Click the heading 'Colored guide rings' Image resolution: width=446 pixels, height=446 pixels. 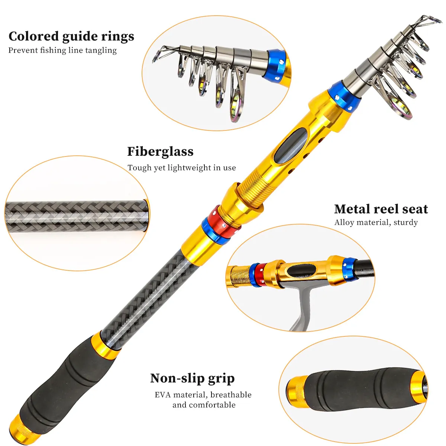(71, 36)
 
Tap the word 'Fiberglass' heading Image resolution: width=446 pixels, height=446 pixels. (160, 152)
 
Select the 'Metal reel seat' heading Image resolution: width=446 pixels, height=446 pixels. (381, 209)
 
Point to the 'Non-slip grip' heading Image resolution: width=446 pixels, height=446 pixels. (192, 378)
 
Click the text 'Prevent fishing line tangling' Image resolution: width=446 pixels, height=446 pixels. (62, 50)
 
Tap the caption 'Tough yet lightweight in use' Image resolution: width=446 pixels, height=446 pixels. (181, 168)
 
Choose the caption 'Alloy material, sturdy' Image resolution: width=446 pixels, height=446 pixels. (376, 222)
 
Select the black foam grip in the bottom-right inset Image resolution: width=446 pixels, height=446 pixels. (357, 390)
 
